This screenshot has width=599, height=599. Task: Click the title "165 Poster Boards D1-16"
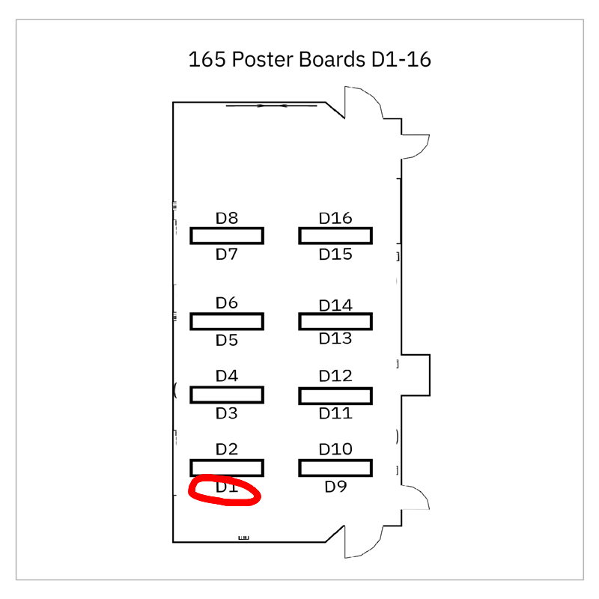310,59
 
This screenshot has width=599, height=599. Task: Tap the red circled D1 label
226,488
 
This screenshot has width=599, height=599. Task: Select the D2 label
226,449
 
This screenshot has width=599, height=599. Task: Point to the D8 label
226,219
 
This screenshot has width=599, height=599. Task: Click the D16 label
335,219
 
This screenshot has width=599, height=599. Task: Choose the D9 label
335,487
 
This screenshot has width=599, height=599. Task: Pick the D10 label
335,449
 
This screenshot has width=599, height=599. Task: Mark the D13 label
335,338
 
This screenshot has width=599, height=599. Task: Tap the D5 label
226,341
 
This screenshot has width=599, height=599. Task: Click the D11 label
335,413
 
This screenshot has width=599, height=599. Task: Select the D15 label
335,255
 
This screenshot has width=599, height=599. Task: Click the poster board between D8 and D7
226,236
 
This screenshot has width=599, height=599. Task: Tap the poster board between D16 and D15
335,236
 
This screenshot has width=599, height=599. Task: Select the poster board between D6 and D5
226,322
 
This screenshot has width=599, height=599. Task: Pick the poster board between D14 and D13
335,322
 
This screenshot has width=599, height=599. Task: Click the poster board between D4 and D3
226,395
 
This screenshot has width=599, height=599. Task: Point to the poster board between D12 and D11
335,395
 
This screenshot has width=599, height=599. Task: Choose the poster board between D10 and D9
335,468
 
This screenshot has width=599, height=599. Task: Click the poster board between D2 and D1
226,468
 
